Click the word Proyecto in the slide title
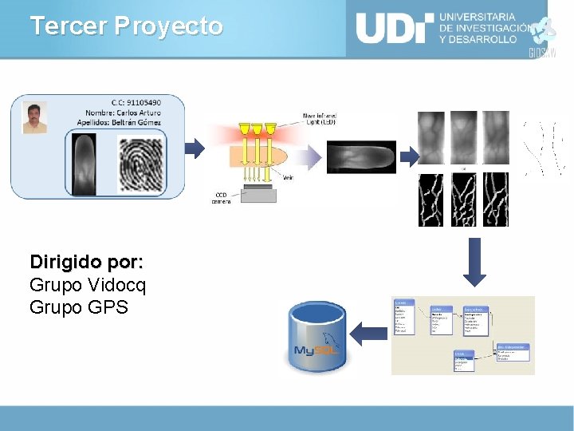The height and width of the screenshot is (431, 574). pyautogui.click(x=168, y=26)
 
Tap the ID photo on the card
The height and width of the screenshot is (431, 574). pyautogui.click(x=34, y=117)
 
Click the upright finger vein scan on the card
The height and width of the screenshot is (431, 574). pyautogui.click(x=85, y=164)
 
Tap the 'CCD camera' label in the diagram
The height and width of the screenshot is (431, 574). pyautogui.click(x=222, y=198)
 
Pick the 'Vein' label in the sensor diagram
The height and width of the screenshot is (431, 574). pyautogui.click(x=288, y=177)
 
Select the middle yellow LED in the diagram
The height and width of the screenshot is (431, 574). pyautogui.click(x=257, y=128)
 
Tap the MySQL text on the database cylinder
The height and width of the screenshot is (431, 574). pyautogui.click(x=313, y=350)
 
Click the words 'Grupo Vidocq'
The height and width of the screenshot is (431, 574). pyautogui.click(x=88, y=285)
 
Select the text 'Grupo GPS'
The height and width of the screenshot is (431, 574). pyautogui.click(x=78, y=307)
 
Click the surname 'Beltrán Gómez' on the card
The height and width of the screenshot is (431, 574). pyautogui.click(x=136, y=122)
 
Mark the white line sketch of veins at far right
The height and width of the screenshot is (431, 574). pyautogui.click(x=545, y=149)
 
